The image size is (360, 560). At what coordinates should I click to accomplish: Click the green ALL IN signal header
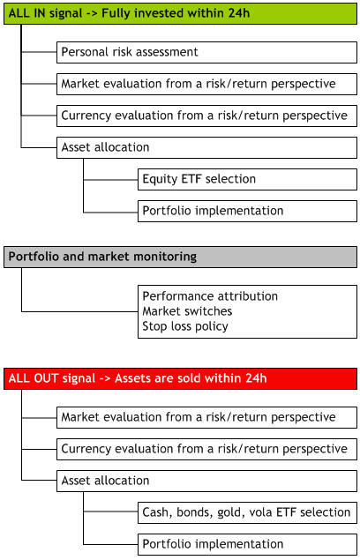(x=180, y=13)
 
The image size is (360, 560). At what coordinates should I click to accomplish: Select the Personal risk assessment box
(x=206, y=52)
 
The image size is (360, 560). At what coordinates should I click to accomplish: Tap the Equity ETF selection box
(x=247, y=179)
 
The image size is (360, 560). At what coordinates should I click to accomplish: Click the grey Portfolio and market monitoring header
(x=180, y=257)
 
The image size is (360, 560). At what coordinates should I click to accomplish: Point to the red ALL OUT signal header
(x=180, y=378)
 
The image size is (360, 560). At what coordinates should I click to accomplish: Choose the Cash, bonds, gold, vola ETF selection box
(x=247, y=512)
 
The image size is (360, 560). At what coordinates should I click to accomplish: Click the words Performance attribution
(x=210, y=296)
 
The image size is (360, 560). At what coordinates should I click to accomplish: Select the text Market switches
(x=187, y=311)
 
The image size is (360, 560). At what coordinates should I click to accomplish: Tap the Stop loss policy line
(x=185, y=326)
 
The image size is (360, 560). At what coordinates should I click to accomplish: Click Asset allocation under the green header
(x=206, y=147)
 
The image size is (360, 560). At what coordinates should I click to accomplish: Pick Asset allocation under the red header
(x=206, y=481)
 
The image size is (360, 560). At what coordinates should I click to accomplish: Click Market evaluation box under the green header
(x=206, y=84)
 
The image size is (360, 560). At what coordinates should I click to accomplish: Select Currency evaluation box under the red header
(x=206, y=449)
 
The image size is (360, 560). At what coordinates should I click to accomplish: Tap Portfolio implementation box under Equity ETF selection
(x=247, y=211)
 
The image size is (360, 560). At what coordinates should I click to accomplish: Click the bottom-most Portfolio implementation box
(x=247, y=544)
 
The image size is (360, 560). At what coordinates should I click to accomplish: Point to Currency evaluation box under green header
(x=206, y=116)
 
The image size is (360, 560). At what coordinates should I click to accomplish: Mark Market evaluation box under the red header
(x=206, y=417)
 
